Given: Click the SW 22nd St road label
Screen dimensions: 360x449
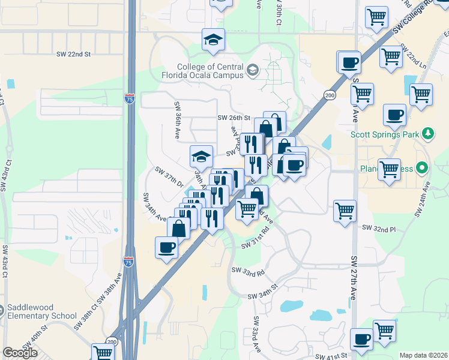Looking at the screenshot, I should [73, 54].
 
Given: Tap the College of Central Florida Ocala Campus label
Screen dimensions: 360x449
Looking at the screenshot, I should [210, 71].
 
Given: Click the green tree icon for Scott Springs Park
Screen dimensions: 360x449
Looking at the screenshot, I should [427, 133].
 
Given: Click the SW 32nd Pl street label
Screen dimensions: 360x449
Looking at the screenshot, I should [379, 229].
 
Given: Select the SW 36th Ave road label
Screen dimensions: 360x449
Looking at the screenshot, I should [178, 120].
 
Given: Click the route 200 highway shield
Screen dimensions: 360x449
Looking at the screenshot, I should [329, 95].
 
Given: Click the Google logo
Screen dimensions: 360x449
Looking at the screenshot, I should [20, 353].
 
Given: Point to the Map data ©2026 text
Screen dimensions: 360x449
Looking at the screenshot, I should [423, 355].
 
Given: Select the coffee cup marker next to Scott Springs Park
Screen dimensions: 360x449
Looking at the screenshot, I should [394, 116].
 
